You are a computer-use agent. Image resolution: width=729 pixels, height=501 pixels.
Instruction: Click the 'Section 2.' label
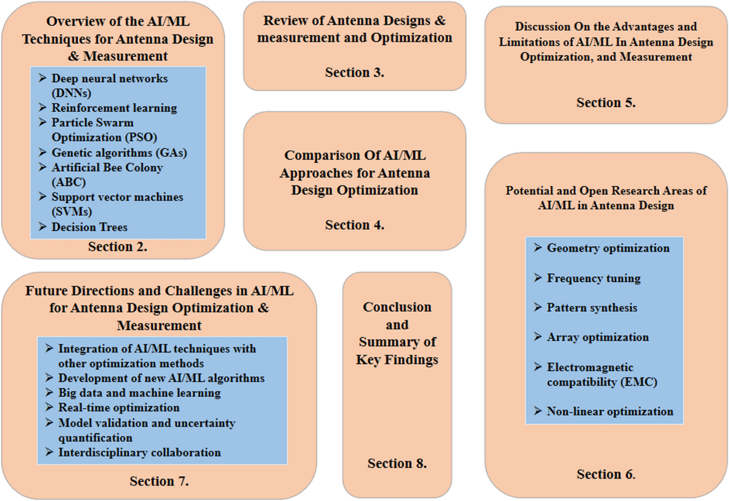[118, 247]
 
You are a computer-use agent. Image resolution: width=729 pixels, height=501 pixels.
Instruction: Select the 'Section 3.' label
[355, 72]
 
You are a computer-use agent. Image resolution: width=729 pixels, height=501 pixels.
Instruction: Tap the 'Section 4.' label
[355, 225]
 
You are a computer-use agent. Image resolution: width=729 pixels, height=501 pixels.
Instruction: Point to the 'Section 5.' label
[606, 102]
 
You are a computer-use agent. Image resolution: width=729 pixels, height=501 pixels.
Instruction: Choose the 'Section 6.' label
[606, 474]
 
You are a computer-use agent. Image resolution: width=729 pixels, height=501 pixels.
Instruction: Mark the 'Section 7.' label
[159, 481]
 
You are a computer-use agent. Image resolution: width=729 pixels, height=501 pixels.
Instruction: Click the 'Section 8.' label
[397, 463]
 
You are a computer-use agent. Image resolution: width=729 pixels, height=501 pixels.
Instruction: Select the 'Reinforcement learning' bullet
[114, 108]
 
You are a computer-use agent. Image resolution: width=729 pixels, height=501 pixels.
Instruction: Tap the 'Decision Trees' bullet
[89, 227]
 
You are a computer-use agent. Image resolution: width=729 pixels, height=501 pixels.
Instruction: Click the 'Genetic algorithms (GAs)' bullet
[119, 153]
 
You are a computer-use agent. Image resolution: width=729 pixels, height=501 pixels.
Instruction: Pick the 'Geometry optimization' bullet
[608, 248]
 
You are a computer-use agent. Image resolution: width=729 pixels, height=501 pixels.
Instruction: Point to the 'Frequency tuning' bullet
[594, 278]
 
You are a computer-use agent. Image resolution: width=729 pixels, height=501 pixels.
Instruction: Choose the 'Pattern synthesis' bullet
[592, 308]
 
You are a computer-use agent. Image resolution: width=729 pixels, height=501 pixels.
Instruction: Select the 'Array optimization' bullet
[598, 337]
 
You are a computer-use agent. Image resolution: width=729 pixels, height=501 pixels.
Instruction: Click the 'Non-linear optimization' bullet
[610, 411]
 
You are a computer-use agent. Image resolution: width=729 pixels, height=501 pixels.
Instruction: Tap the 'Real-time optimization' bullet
[118, 407]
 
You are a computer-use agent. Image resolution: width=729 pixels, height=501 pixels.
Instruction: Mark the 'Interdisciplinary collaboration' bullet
[139, 452]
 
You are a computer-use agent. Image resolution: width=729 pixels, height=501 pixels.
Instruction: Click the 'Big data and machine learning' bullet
[139, 393]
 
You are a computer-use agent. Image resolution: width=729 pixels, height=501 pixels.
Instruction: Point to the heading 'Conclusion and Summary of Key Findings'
[397, 333]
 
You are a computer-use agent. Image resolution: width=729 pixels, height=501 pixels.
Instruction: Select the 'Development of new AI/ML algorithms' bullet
[161, 378]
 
